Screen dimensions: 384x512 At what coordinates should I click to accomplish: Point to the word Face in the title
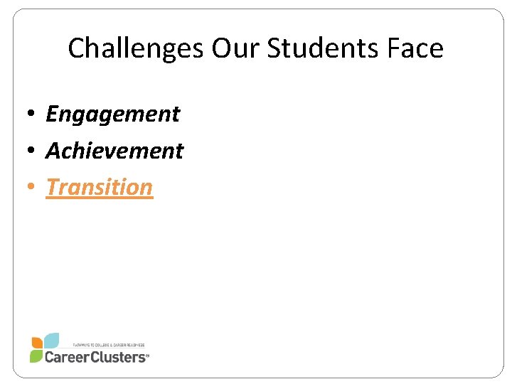(416, 48)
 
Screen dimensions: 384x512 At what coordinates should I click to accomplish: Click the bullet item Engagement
(112, 114)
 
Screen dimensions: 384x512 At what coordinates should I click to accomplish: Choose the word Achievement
(114, 150)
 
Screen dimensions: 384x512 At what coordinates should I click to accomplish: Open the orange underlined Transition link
(99, 187)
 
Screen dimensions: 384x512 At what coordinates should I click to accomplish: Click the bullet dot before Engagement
(33, 114)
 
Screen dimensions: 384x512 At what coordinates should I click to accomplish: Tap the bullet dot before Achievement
(33, 151)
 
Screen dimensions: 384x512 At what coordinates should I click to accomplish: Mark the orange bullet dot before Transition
(33, 188)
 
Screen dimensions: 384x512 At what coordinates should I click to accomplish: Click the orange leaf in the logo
(37, 342)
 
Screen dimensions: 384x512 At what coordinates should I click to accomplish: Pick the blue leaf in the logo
(50, 340)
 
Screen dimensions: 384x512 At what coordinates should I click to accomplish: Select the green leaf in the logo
(36, 356)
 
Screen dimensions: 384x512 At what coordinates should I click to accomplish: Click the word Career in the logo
(65, 356)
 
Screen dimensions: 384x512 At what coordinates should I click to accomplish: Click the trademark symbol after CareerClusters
(147, 359)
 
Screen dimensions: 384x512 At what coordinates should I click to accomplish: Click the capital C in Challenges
(76, 48)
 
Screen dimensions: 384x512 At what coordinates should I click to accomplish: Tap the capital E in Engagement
(52, 114)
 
